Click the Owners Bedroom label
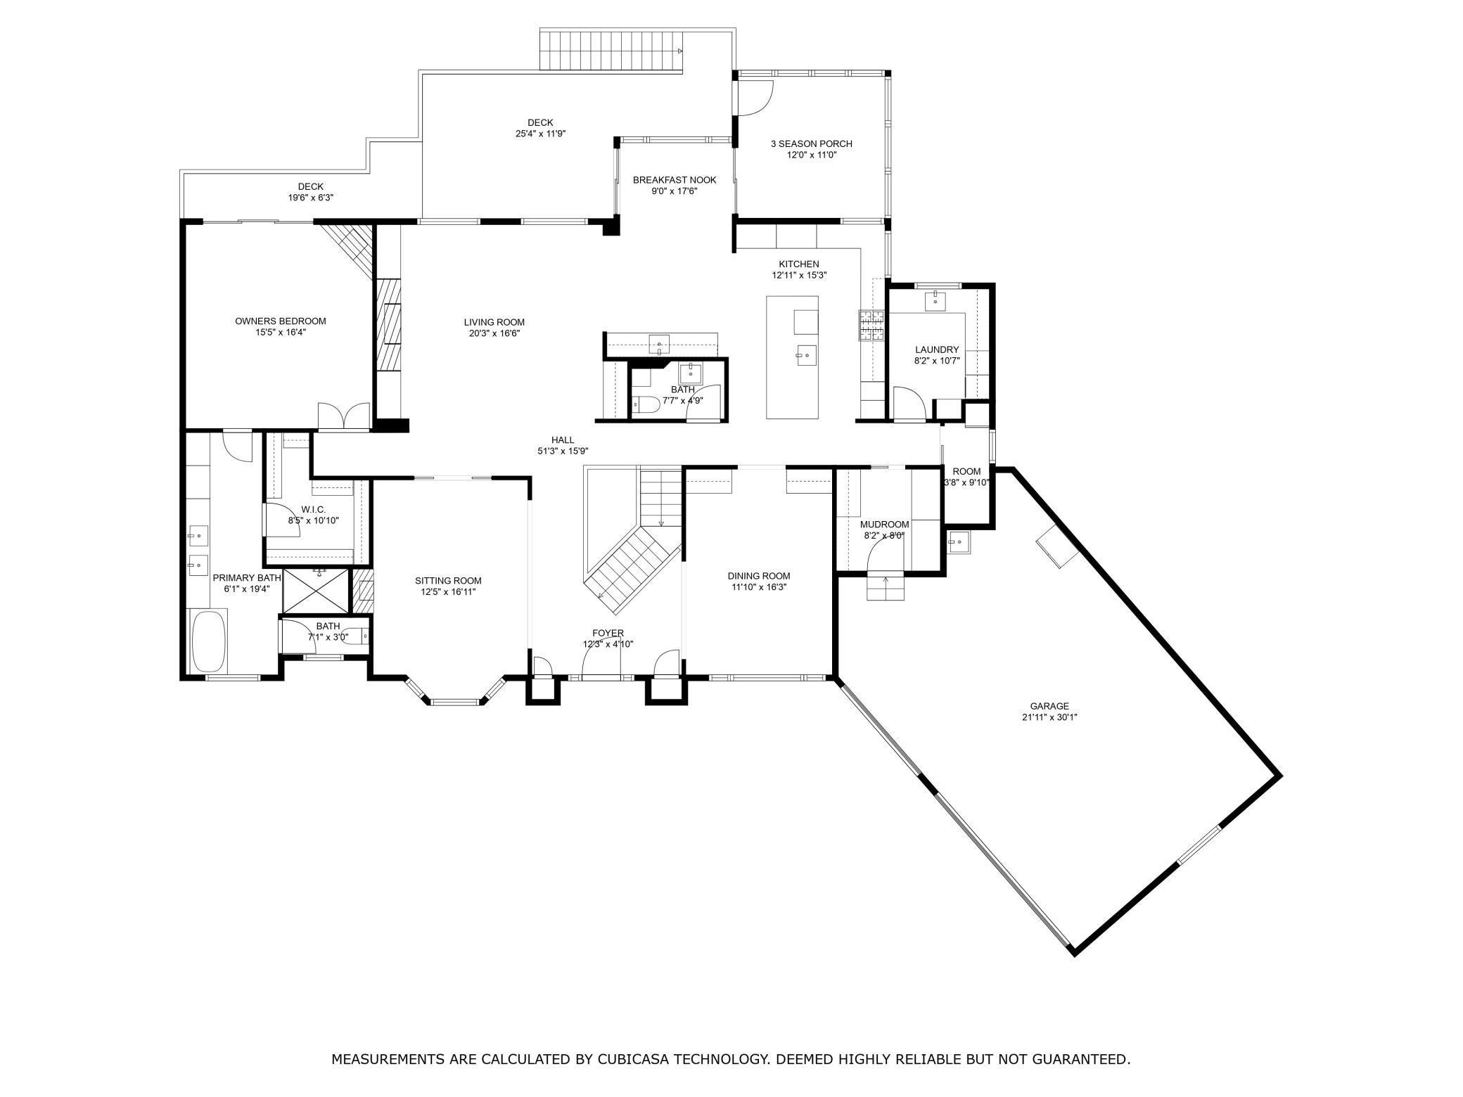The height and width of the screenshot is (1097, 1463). tap(280, 321)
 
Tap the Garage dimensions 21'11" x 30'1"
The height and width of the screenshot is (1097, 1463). tap(1049, 717)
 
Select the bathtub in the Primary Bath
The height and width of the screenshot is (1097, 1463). tap(209, 641)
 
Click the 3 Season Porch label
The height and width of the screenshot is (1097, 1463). tap(811, 143)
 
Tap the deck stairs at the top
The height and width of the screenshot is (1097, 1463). tap(610, 50)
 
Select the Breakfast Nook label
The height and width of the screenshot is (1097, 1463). tap(674, 180)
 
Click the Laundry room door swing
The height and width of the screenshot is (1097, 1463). tap(912, 404)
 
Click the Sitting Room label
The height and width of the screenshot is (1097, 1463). tap(448, 581)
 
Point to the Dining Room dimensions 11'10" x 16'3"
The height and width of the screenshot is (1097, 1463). tap(758, 586)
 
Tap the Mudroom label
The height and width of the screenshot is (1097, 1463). tap(884, 525)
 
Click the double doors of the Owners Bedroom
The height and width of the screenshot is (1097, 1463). tap(343, 416)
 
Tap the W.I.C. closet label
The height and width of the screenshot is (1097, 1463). tap(313, 509)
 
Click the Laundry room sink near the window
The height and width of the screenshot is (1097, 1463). tap(936, 301)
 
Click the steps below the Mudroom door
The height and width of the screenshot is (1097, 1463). tap(885, 589)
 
